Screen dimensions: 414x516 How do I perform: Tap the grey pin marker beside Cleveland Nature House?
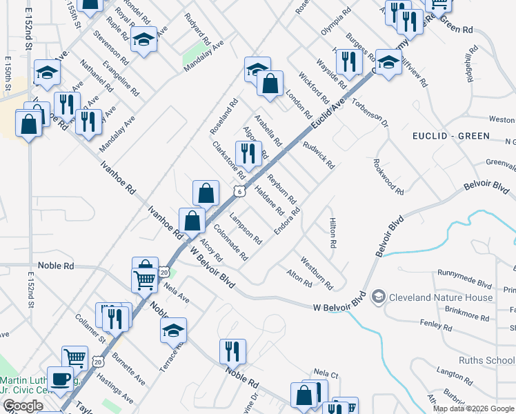378,297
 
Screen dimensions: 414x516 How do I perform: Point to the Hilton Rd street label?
333,233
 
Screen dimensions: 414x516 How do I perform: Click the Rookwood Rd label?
388,175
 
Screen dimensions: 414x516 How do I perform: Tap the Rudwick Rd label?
318,156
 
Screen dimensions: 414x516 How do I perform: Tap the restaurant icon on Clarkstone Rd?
248,153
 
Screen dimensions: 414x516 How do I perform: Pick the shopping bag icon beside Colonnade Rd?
193,221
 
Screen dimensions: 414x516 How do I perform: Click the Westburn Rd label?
317,274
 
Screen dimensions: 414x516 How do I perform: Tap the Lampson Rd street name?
245,229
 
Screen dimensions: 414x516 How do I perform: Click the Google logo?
23,406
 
